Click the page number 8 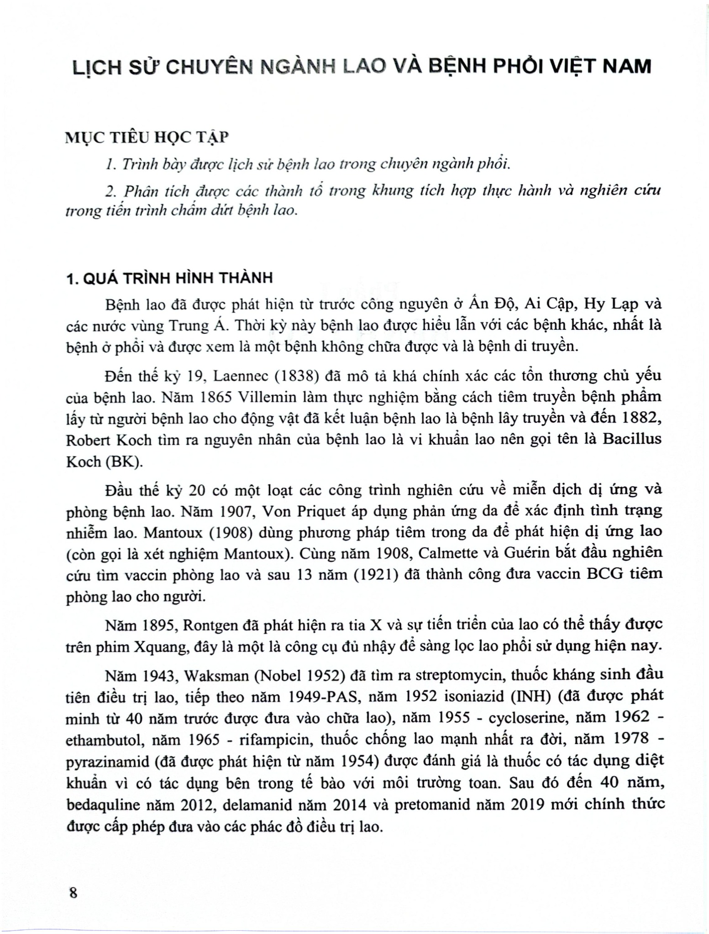[72, 892]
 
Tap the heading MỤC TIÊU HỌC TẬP [146, 137]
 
